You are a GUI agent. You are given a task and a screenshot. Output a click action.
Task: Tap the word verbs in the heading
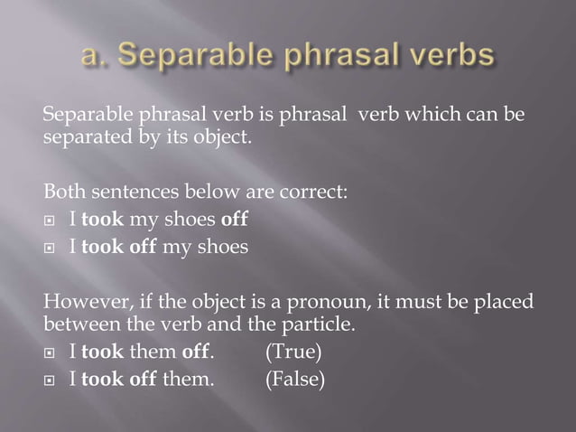click(442, 57)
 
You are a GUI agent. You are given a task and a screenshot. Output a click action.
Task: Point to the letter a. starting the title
click(94, 57)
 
